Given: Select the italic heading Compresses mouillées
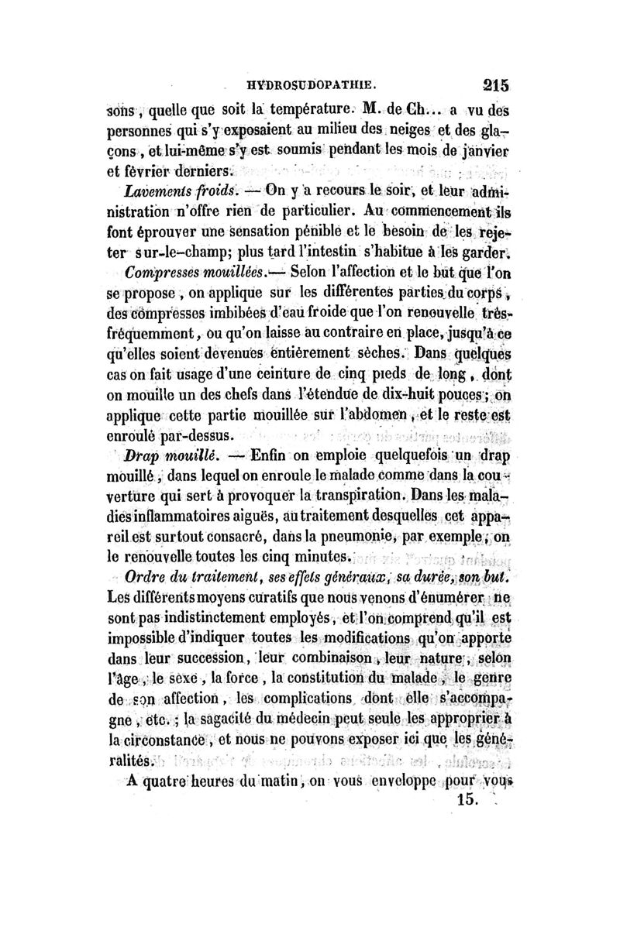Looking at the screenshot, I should [x=194, y=273].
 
